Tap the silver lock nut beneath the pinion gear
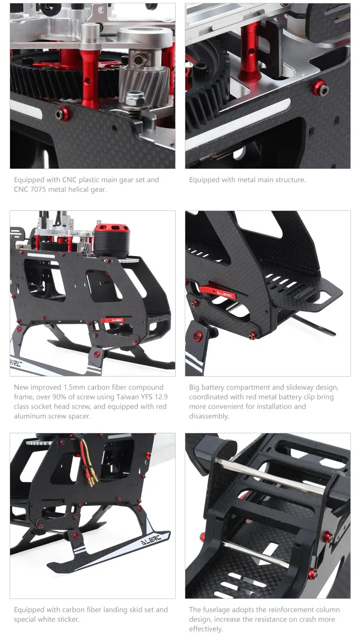pos(135,99)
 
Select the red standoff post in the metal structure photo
pos(249,51)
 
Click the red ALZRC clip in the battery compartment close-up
pos(217,292)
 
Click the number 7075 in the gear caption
pos(38,189)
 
